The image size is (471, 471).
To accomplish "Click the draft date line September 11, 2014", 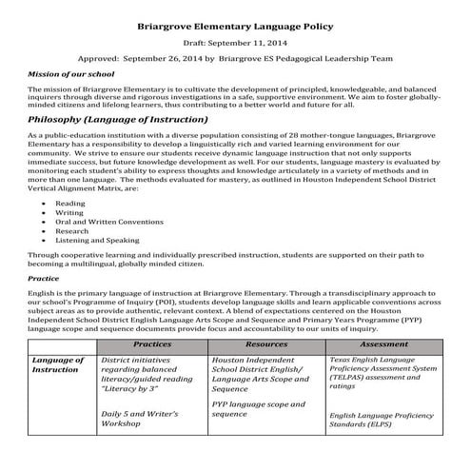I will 235,43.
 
